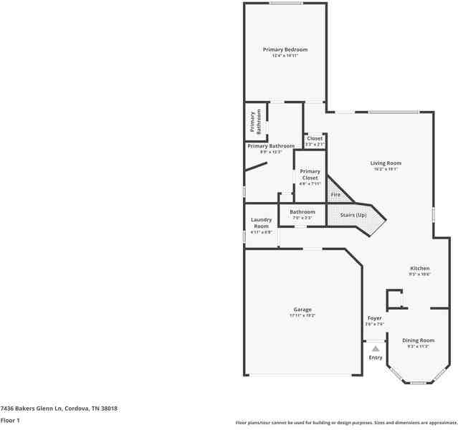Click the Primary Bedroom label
point(285,49)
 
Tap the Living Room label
point(386,163)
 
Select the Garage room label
point(302,310)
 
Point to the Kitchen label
point(419,269)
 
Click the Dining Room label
point(418,340)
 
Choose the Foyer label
point(375,318)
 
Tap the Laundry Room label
point(261,223)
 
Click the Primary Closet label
point(310,175)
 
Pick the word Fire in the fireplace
point(335,195)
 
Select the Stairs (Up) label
point(352,215)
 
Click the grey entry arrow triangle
point(376,348)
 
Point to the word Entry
point(376,358)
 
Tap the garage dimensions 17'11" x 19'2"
point(302,315)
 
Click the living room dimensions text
point(386,169)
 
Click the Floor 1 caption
point(10,421)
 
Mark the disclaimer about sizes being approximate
point(346,422)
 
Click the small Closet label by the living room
point(315,138)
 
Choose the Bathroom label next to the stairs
point(302,212)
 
